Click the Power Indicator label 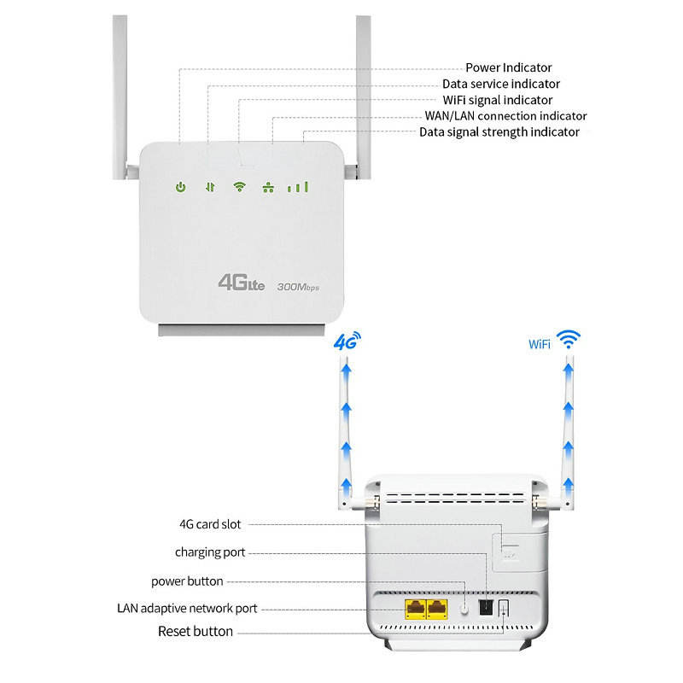pyautogui.click(x=508, y=67)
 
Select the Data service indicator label pyautogui.click(x=501, y=84)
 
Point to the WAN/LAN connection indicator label pyautogui.click(x=506, y=115)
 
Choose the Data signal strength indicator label pyautogui.click(x=499, y=131)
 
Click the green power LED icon pyautogui.click(x=180, y=186)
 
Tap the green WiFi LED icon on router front pyautogui.click(x=240, y=186)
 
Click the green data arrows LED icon pyautogui.click(x=209, y=186)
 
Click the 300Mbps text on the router pyautogui.click(x=298, y=288)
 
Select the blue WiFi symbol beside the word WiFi pyautogui.click(x=565, y=340)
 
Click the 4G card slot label pyautogui.click(x=204, y=524)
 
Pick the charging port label pyautogui.click(x=210, y=552)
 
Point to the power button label pyautogui.click(x=187, y=581)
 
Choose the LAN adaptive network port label pyautogui.click(x=187, y=609)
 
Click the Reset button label pyautogui.click(x=196, y=632)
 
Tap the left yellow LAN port pyautogui.click(x=414, y=609)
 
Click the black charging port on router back pyautogui.click(x=485, y=607)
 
